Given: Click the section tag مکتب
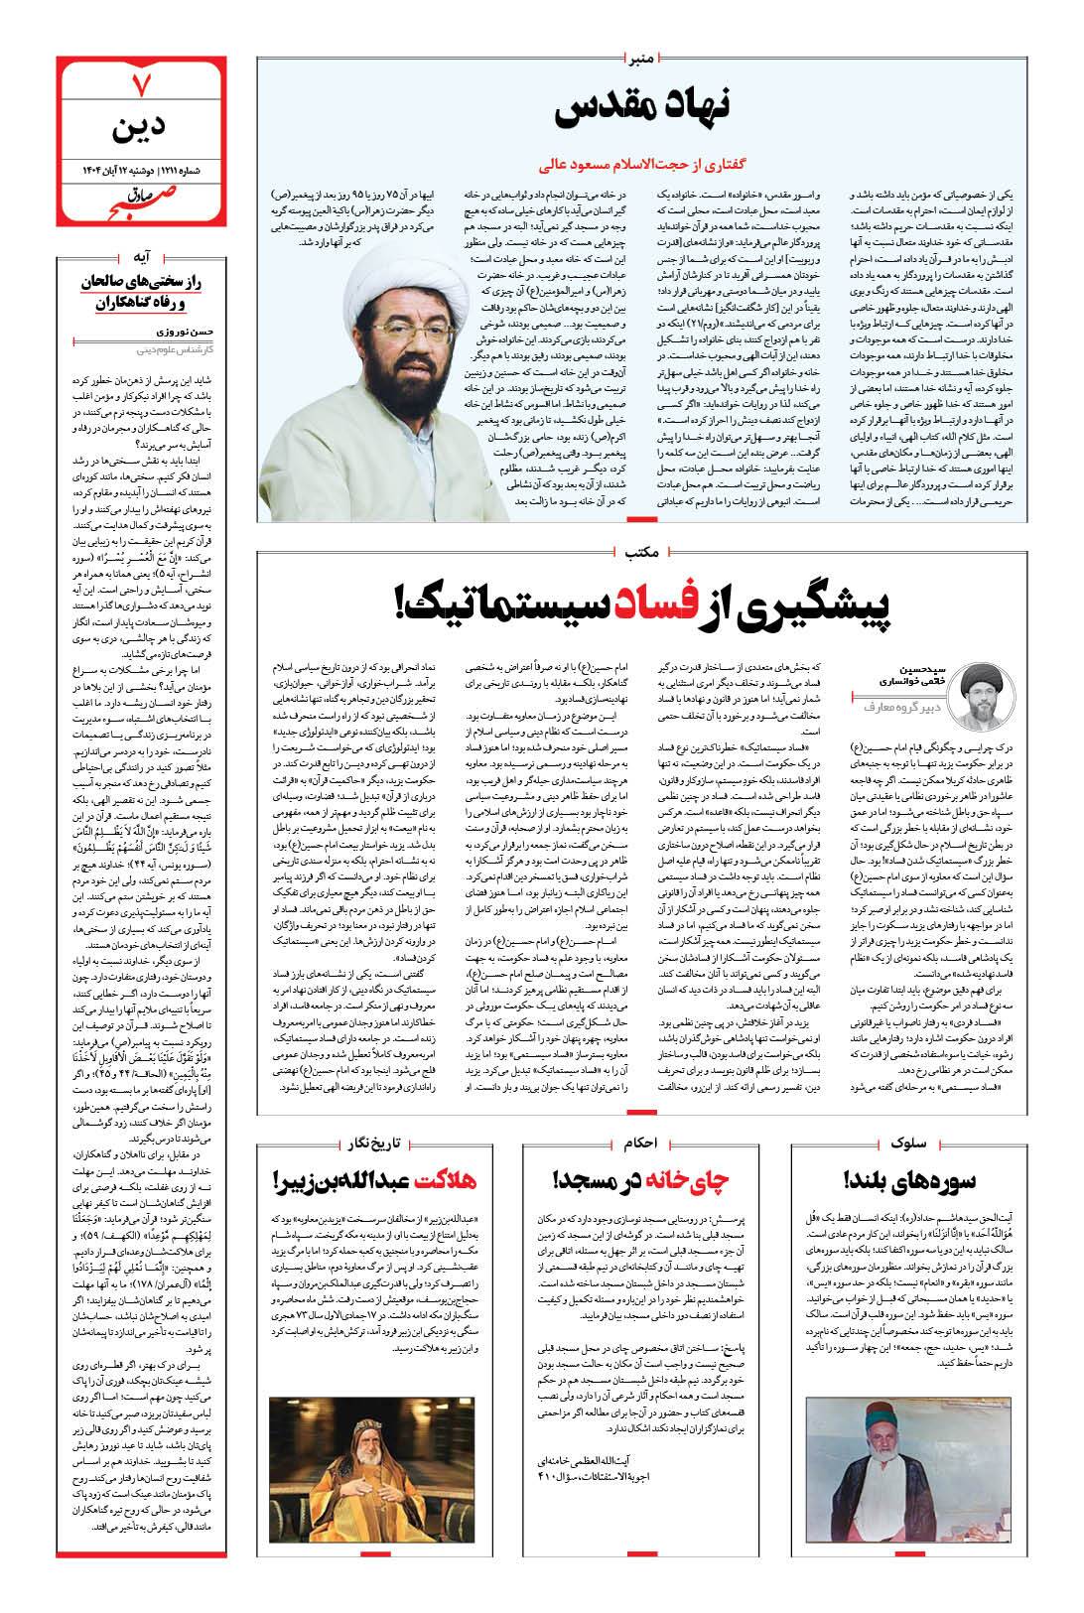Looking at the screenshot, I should [643, 550].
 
